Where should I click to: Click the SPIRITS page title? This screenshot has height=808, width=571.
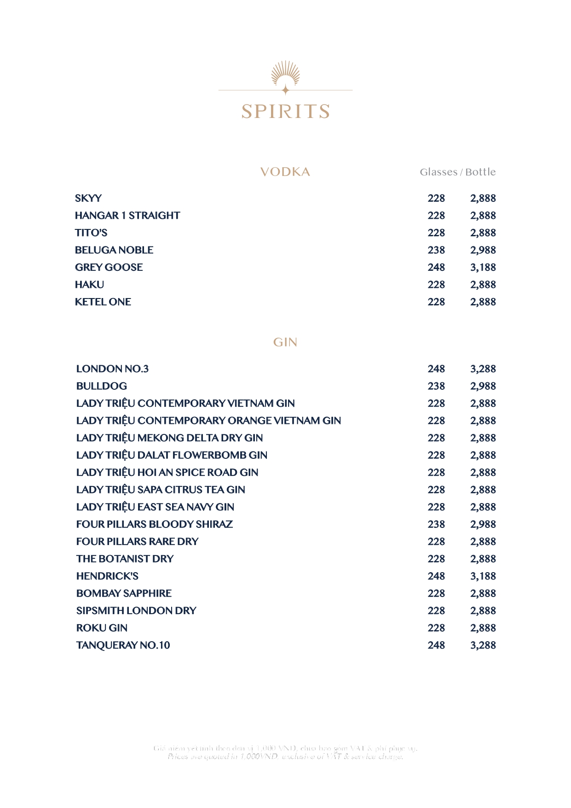285,111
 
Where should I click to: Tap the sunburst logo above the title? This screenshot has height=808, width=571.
285,75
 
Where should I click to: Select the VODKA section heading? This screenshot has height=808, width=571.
285,172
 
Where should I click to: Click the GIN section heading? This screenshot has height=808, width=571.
285,342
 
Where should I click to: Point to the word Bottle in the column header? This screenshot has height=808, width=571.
480,172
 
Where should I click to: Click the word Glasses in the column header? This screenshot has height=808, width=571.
438,172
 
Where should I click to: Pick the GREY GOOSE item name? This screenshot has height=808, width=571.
109,267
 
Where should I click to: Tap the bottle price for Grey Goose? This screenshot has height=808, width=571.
483,267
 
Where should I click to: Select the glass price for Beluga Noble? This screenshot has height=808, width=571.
436,250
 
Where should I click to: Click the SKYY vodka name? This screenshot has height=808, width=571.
88,198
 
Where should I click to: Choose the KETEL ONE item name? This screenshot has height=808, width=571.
103,302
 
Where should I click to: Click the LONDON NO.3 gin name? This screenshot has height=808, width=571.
112,369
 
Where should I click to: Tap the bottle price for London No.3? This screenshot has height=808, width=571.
483,369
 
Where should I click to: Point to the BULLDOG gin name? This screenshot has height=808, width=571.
102,386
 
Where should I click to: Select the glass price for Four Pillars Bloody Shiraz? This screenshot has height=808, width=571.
436,524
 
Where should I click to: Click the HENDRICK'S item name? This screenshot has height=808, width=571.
107,576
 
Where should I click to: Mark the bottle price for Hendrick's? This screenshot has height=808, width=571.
483,576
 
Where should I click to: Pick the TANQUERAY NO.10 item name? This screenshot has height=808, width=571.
123,645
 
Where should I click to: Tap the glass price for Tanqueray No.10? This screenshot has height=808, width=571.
436,645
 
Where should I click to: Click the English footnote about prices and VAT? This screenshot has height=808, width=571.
285,756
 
